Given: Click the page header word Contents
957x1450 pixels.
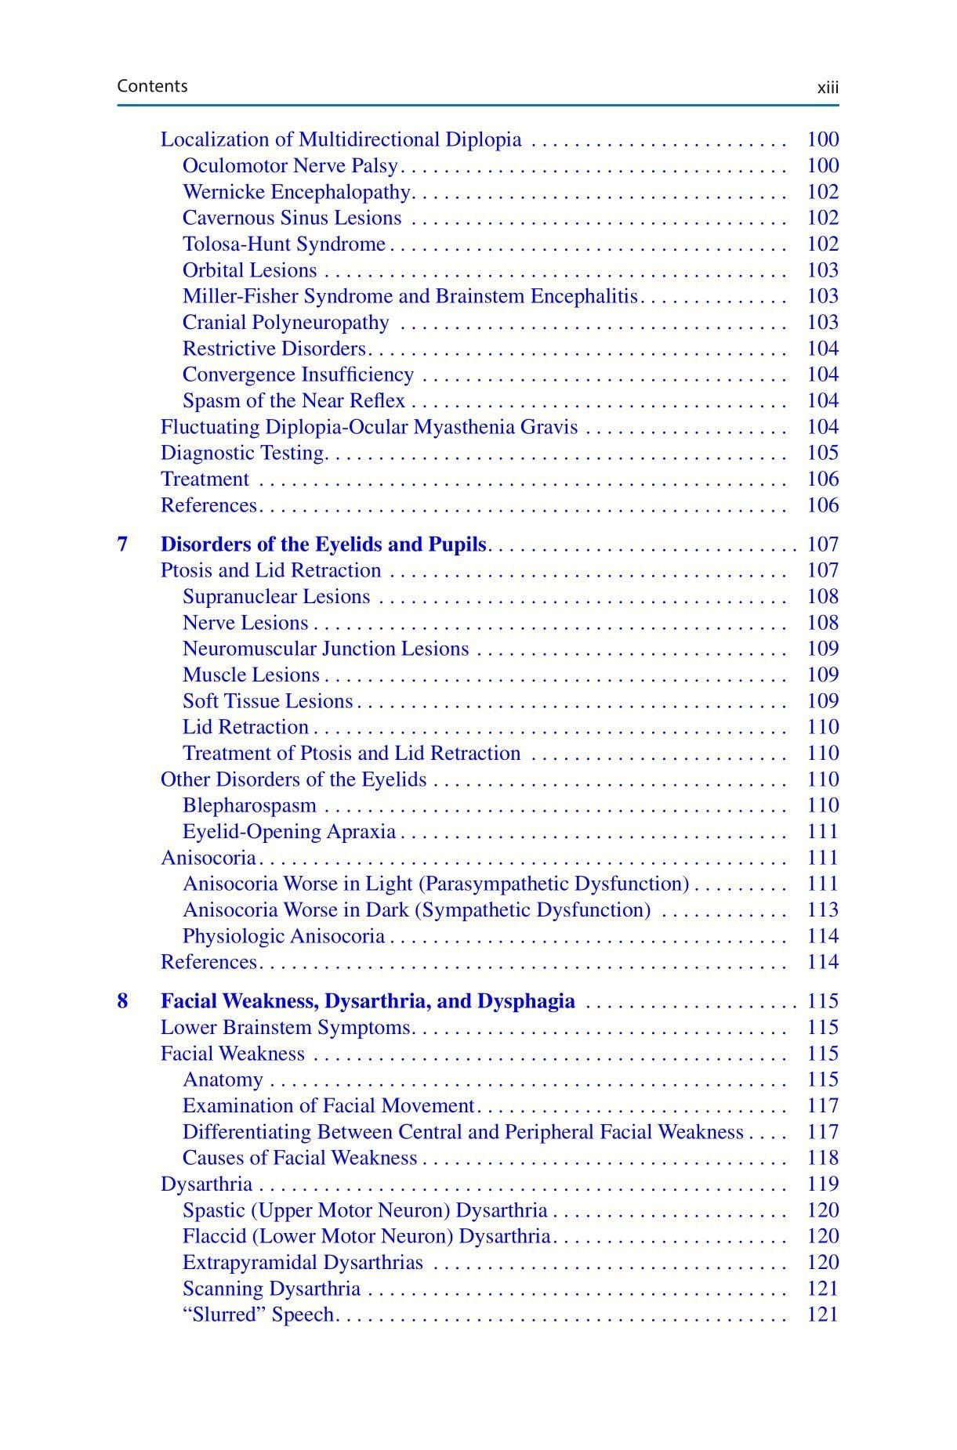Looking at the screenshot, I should coord(152,86).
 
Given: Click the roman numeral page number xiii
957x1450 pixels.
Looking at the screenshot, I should coord(827,88).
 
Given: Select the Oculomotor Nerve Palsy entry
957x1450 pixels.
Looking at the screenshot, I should coord(290,166).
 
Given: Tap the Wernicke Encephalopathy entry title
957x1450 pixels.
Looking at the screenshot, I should coord(296,192).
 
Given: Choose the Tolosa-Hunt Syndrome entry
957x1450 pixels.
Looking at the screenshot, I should coord(284,244).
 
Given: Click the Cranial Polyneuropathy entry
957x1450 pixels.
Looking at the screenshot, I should coord(285,323).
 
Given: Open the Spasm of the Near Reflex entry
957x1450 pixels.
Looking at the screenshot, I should coord(293,401).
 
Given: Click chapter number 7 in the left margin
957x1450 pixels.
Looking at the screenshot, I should coord(123,544).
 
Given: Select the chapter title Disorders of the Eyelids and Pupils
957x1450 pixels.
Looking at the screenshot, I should coord(323,544).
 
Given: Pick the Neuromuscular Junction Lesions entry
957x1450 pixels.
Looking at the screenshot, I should coord(325,649).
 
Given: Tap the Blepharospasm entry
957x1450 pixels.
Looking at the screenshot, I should coord(249,806).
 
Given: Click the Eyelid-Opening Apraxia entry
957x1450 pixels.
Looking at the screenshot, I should coord(288,832).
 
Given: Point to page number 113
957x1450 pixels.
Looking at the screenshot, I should coord(822,910).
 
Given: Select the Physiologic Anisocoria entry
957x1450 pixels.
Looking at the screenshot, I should coord(283,937).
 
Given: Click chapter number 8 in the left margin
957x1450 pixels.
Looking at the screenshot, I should coord(123,1002).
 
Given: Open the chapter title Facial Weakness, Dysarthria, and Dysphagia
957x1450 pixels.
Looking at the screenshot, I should coord(368,1002).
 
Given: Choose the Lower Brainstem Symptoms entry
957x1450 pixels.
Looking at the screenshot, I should coord(286,1028).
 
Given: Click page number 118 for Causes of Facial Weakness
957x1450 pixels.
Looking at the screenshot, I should coord(822,1159).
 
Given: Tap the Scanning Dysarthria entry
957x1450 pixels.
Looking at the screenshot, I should coord(271,1289).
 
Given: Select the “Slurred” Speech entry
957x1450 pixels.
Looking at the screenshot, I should coord(258,1315).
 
